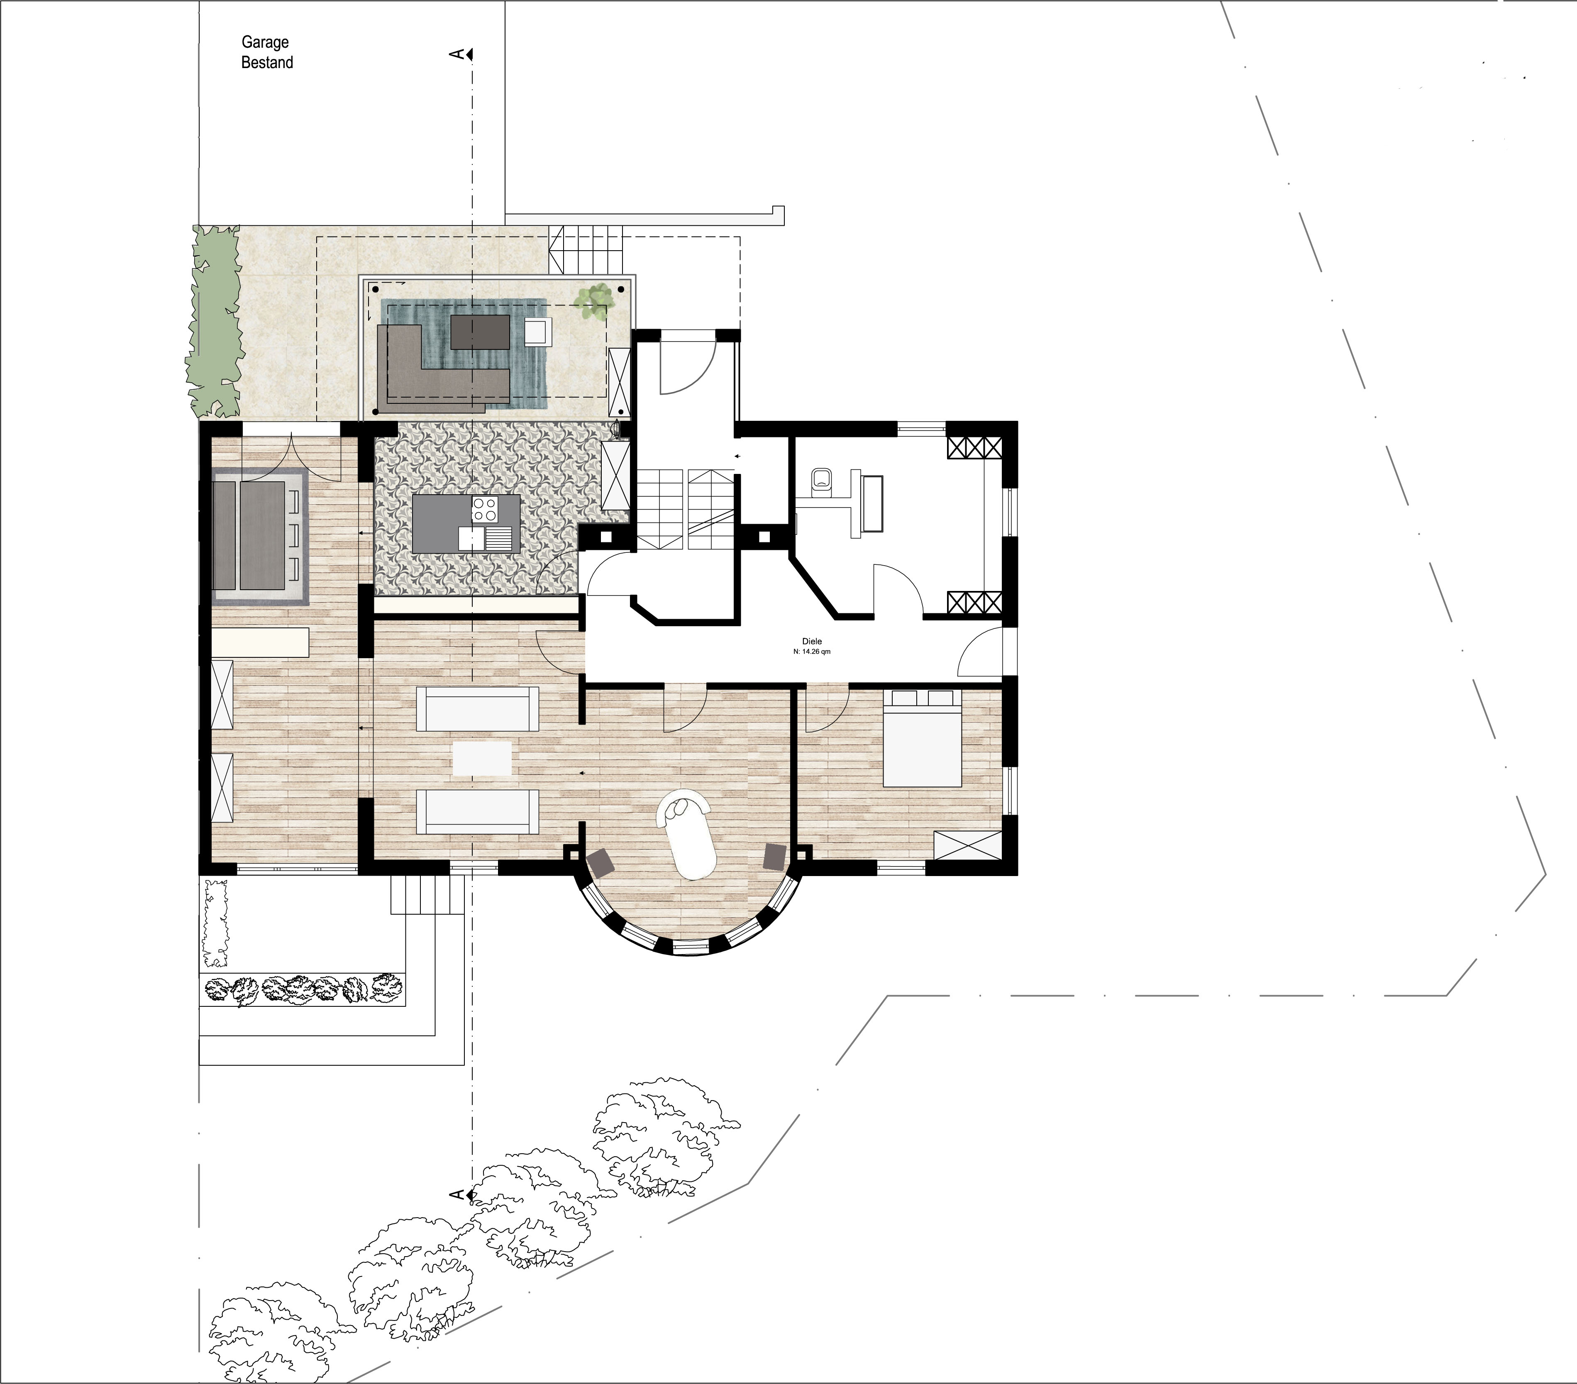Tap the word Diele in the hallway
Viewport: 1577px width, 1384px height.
(812, 641)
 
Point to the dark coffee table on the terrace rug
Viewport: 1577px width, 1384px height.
(479, 332)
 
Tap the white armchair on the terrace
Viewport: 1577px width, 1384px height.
(538, 331)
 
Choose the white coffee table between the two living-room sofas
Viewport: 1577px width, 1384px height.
(482, 758)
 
